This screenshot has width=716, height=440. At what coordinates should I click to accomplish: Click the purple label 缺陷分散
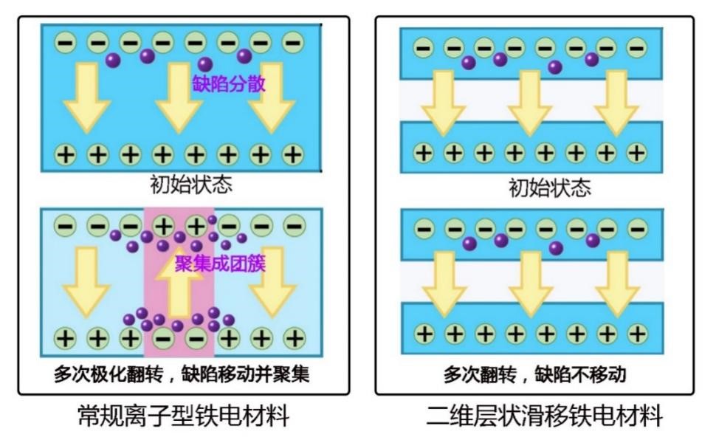pyautogui.click(x=228, y=83)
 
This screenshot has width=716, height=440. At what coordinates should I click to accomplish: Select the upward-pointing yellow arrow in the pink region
pyautogui.click(x=179, y=289)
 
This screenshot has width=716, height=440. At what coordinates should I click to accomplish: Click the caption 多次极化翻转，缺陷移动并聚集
pyautogui.click(x=182, y=374)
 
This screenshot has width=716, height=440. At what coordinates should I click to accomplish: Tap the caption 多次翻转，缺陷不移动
pyautogui.click(x=534, y=374)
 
